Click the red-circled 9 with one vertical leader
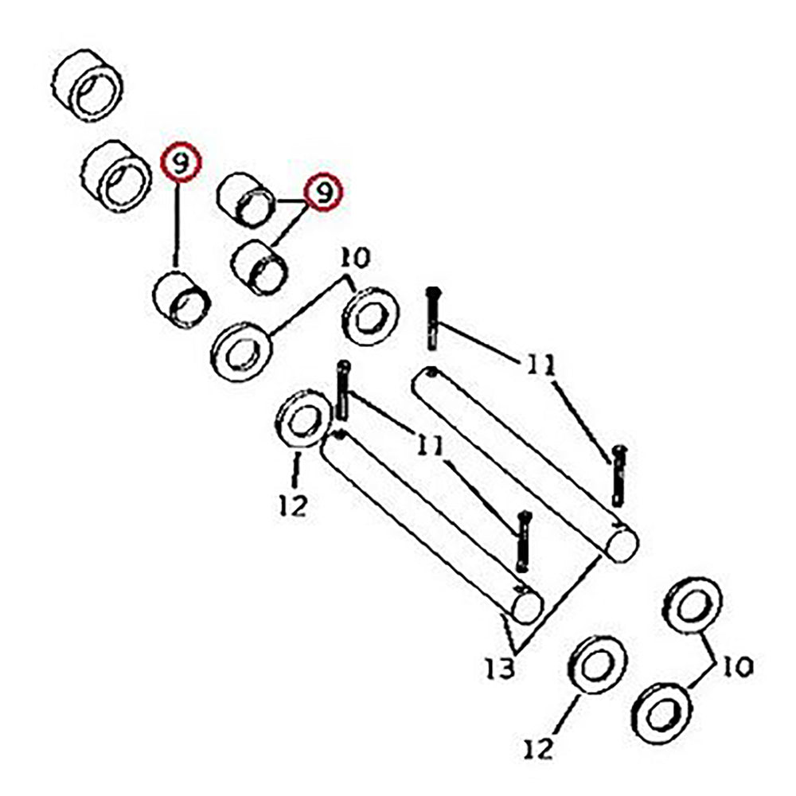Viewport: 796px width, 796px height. tap(181, 162)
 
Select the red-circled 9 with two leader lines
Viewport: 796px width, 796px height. tap(323, 192)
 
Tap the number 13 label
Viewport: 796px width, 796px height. tap(501, 669)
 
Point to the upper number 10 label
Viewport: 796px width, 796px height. tap(355, 258)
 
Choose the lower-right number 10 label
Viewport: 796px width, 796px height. tap(737, 665)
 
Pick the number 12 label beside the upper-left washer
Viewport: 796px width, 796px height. tap(294, 505)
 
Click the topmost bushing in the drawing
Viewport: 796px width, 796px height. tap(88, 85)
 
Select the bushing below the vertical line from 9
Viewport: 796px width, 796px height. tap(181, 300)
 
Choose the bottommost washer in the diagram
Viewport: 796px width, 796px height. tap(664, 713)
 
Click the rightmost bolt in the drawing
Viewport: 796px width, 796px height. tap(618, 476)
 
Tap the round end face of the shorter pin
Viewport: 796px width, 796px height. tap(528, 606)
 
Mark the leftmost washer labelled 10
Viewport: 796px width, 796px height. tap(242, 351)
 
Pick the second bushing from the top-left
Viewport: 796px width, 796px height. tap(116, 176)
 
